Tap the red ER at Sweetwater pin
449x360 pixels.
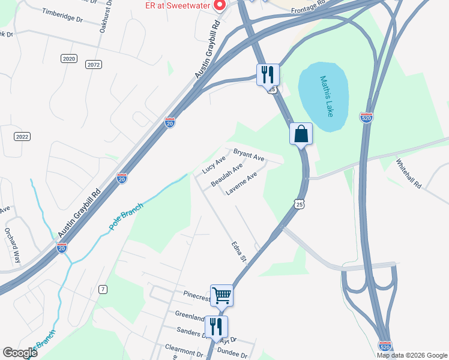[x=218, y=6]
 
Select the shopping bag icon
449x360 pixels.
[x=301, y=134]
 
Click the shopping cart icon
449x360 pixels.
[x=221, y=295]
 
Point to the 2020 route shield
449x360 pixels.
[x=69, y=58]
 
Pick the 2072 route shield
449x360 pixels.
[x=93, y=64]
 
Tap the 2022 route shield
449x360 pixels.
[x=22, y=137]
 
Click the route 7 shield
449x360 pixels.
[x=103, y=290]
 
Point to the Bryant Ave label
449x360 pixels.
[x=249, y=155]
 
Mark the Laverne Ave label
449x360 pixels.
[x=241, y=183]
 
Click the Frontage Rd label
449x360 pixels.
[x=307, y=7]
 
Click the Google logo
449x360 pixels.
[x=20, y=353]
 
